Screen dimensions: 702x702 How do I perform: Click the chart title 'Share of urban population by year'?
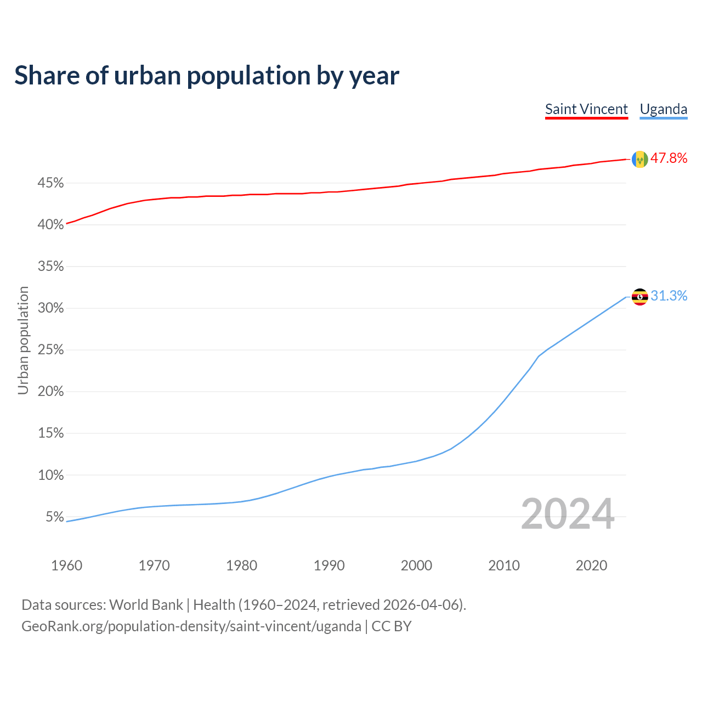pyautogui.click(x=207, y=76)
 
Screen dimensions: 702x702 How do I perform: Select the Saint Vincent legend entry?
pyautogui.click(x=586, y=109)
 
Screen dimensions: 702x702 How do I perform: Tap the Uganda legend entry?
pyautogui.click(x=664, y=109)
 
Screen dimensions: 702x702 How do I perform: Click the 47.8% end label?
pyautogui.click(x=669, y=158)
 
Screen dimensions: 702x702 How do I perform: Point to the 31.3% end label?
pyautogui.click(x=669, y=296)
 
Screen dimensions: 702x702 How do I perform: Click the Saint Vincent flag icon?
pyautogui.click(x=640, y=159)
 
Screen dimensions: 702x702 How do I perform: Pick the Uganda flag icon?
pyautogui.click(x=640, y=297)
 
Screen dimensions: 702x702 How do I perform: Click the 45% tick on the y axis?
pyautogui.click(x=51, y=183)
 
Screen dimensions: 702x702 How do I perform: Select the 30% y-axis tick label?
pyautogui.click(x=51, y=308)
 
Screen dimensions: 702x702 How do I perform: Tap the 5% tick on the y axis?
pyautogui.click(x=55, y=517)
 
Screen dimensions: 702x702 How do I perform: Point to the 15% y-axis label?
pyautogui.click(x=51, y=433)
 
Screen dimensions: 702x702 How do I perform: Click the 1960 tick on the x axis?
pyautogui.click(x=67, y=565)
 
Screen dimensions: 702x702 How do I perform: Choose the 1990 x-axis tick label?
pyautogui.click(x=329, y=565)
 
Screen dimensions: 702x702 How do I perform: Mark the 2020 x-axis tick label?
pyautogui.click(x=591, y=565)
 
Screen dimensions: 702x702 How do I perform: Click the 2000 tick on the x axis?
pyautogui.click(x=416, y=565)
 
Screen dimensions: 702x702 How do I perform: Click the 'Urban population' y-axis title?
pyautogui.click(x=23, y=340)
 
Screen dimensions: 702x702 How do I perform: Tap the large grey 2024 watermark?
pyautogui.click(x=568, y=514)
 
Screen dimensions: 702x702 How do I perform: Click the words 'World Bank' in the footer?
pyautogui.click(x=146, y=605)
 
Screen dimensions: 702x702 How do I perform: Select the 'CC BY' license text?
pyautogui.click(x=392, y=626)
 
